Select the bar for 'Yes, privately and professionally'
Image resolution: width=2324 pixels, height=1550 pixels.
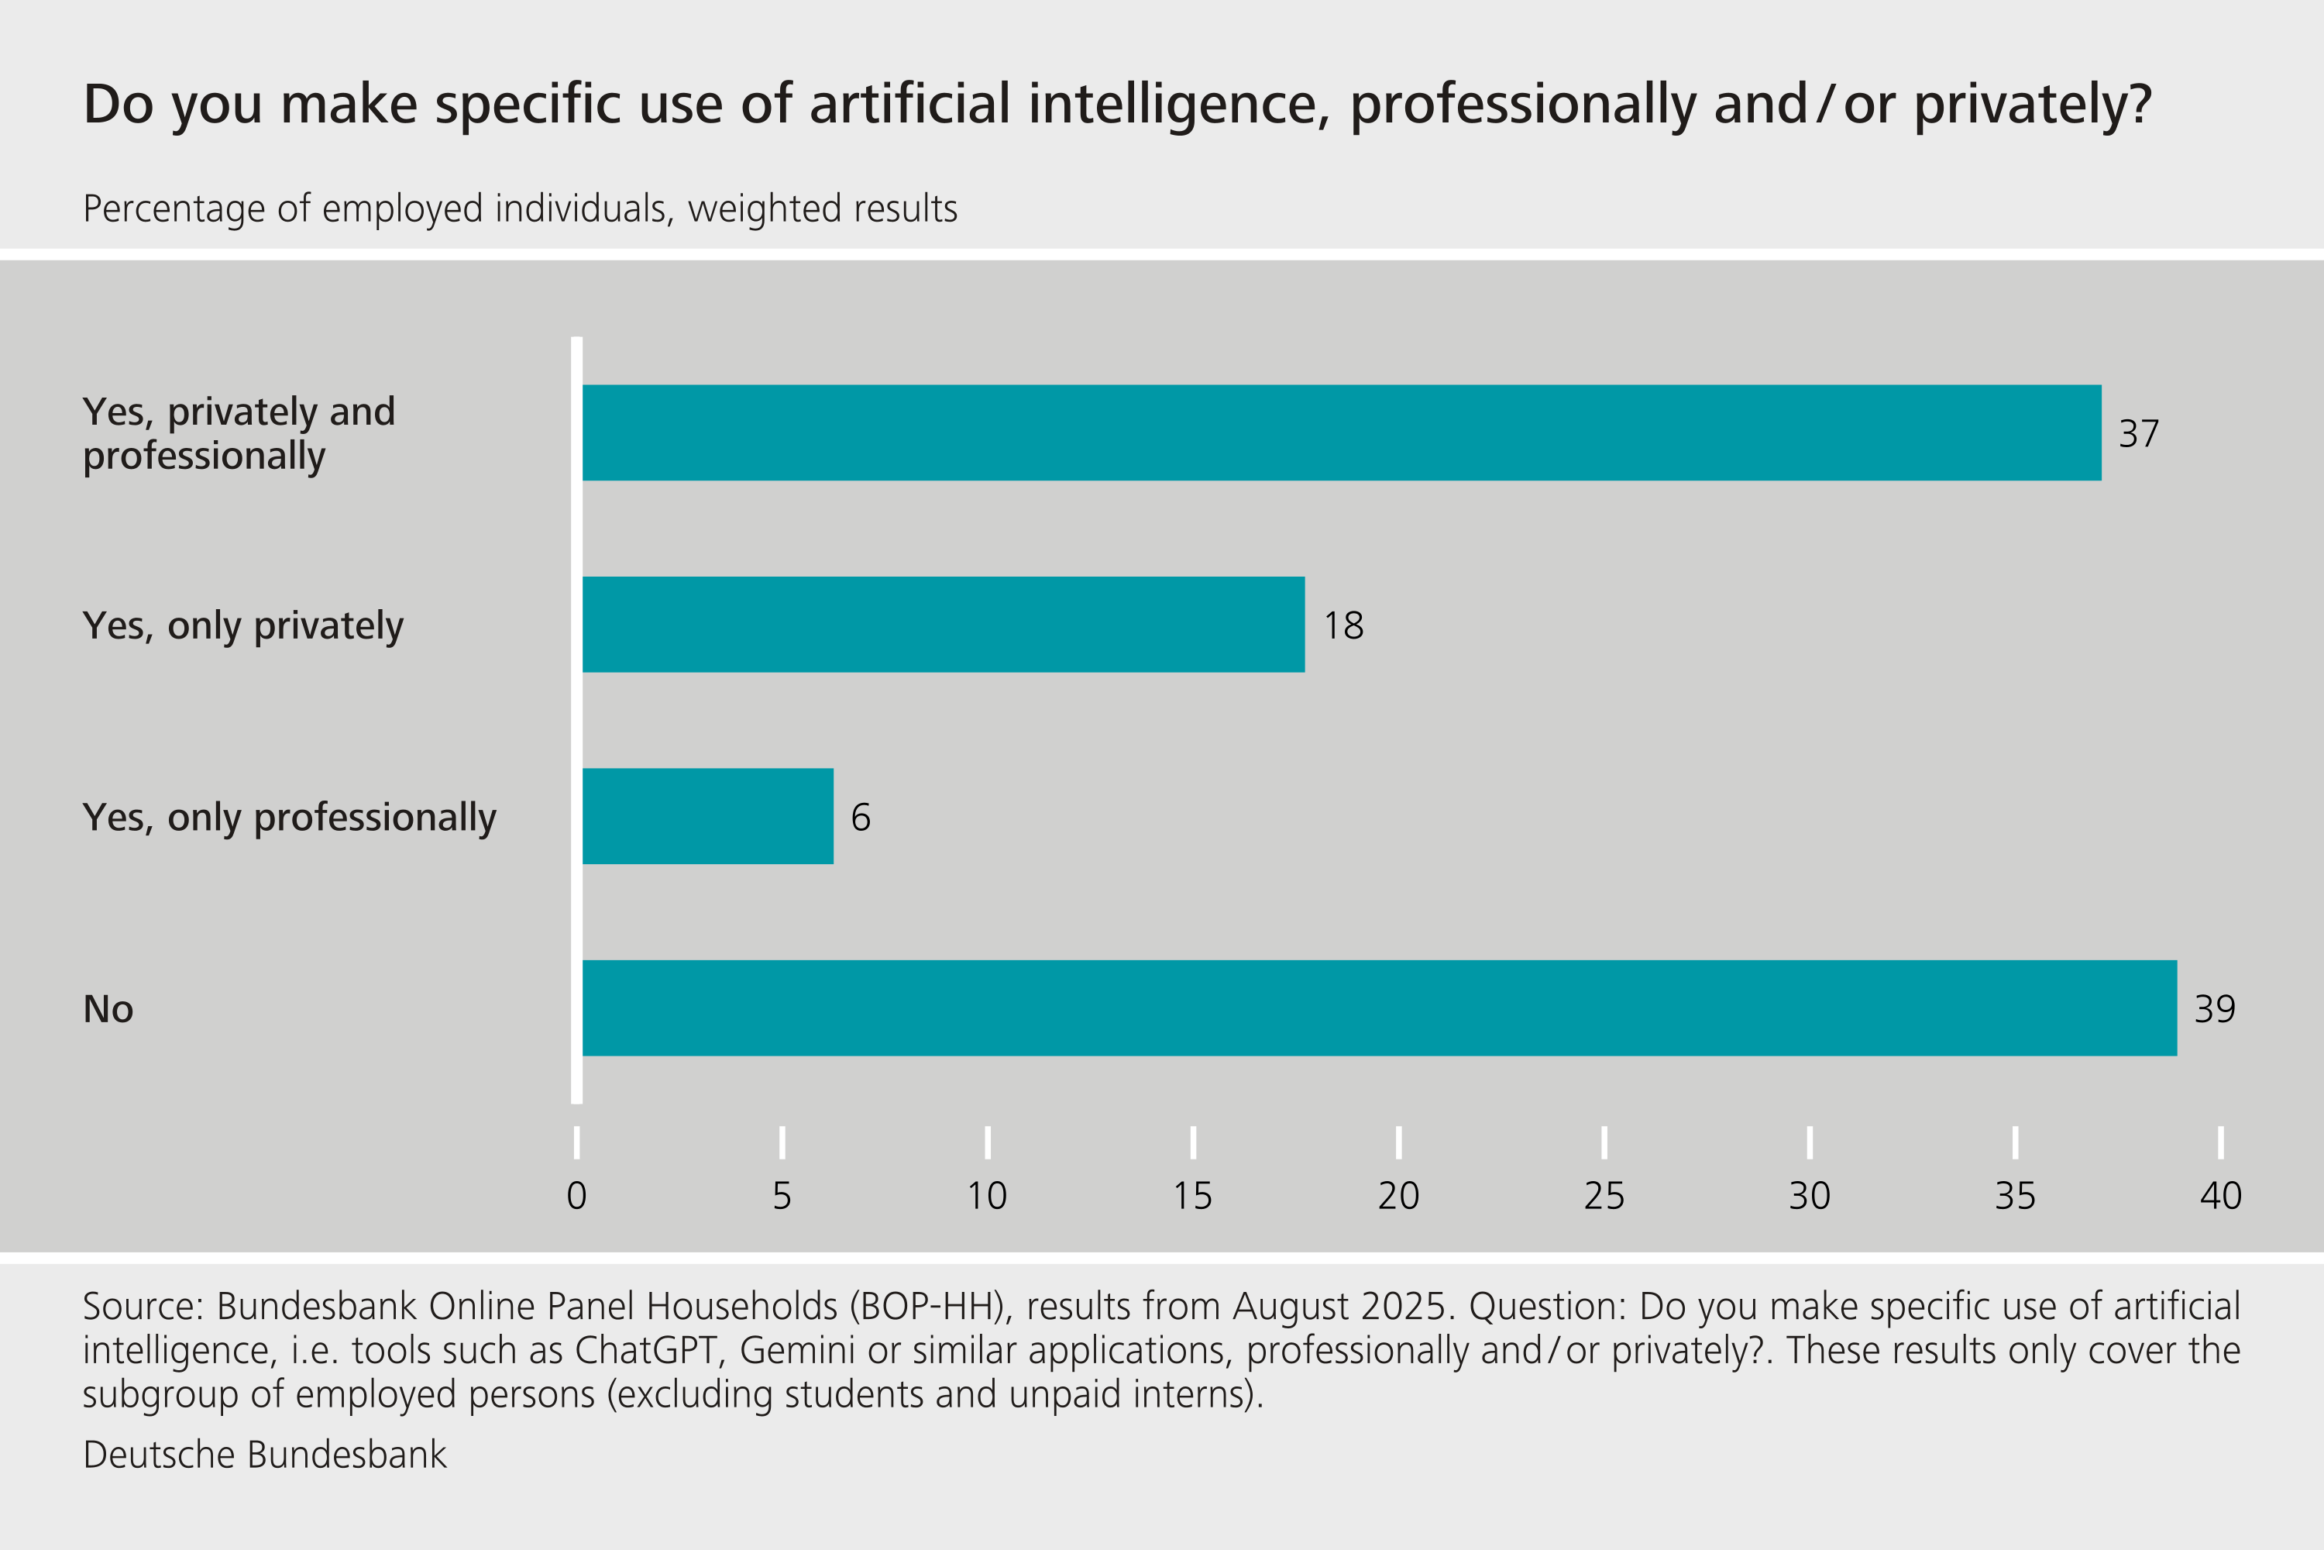[x=1341, y=433]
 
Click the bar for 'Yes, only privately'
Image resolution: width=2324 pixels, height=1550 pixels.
[x=943, y=625]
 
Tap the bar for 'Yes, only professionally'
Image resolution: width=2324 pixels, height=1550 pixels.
[x=707, y=817]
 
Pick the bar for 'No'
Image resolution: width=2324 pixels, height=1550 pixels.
[x=1380, y=1008]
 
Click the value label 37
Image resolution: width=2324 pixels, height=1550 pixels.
[x=2138, y=434]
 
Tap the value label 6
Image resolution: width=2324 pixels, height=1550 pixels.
[x=861, y=818]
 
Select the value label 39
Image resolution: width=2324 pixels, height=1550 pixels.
[x=2214, y=1009]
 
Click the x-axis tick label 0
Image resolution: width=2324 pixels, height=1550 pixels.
[x=577, y=1196]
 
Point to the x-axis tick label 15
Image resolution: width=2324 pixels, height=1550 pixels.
[x=1193, y=1196]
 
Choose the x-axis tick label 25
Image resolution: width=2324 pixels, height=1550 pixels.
[x=1604, y=1196]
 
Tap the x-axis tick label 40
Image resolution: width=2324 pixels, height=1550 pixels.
[x=2220, y=1196]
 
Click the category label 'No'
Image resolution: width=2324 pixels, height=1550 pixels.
[x=108, y=1009]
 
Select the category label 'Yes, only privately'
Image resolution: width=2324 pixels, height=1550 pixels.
[x=243, y=625]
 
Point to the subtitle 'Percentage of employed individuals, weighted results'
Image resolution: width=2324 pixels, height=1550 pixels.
[x=520, y=209]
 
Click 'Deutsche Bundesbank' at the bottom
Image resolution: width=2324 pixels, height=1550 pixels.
[x=265, y=1455]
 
